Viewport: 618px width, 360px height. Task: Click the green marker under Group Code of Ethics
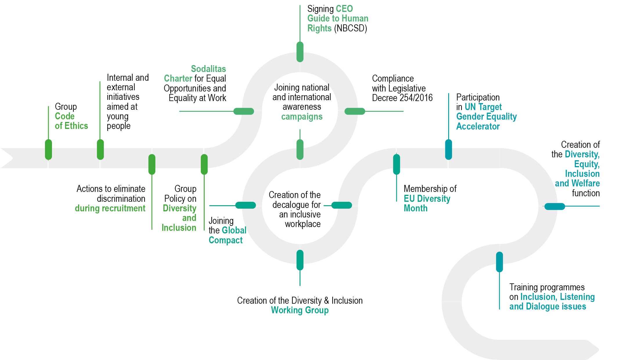[48, 150]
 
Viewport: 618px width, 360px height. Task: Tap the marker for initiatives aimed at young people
[100, 150]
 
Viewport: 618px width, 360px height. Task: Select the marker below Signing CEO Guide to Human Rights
[300, 52]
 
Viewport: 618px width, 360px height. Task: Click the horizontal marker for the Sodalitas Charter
[244, 111]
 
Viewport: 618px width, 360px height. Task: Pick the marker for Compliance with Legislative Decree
[354, 111]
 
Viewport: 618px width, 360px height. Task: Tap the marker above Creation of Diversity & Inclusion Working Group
[300, 260]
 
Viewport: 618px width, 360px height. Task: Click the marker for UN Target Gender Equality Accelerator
[448, 150]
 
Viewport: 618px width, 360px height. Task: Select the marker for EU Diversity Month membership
[397, 164]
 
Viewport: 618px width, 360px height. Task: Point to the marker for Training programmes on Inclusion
[499, 262]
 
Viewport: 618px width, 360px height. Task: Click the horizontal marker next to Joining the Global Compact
[245, 205]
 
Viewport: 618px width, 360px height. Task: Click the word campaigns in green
[302, 117]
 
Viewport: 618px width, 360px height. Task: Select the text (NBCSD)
[350, 28]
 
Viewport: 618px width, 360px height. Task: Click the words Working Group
[300, 310]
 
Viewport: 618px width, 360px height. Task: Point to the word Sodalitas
[208, 69]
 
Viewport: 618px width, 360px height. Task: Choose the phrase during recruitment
[110, 208]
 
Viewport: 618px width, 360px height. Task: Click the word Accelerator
[478, 126]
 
